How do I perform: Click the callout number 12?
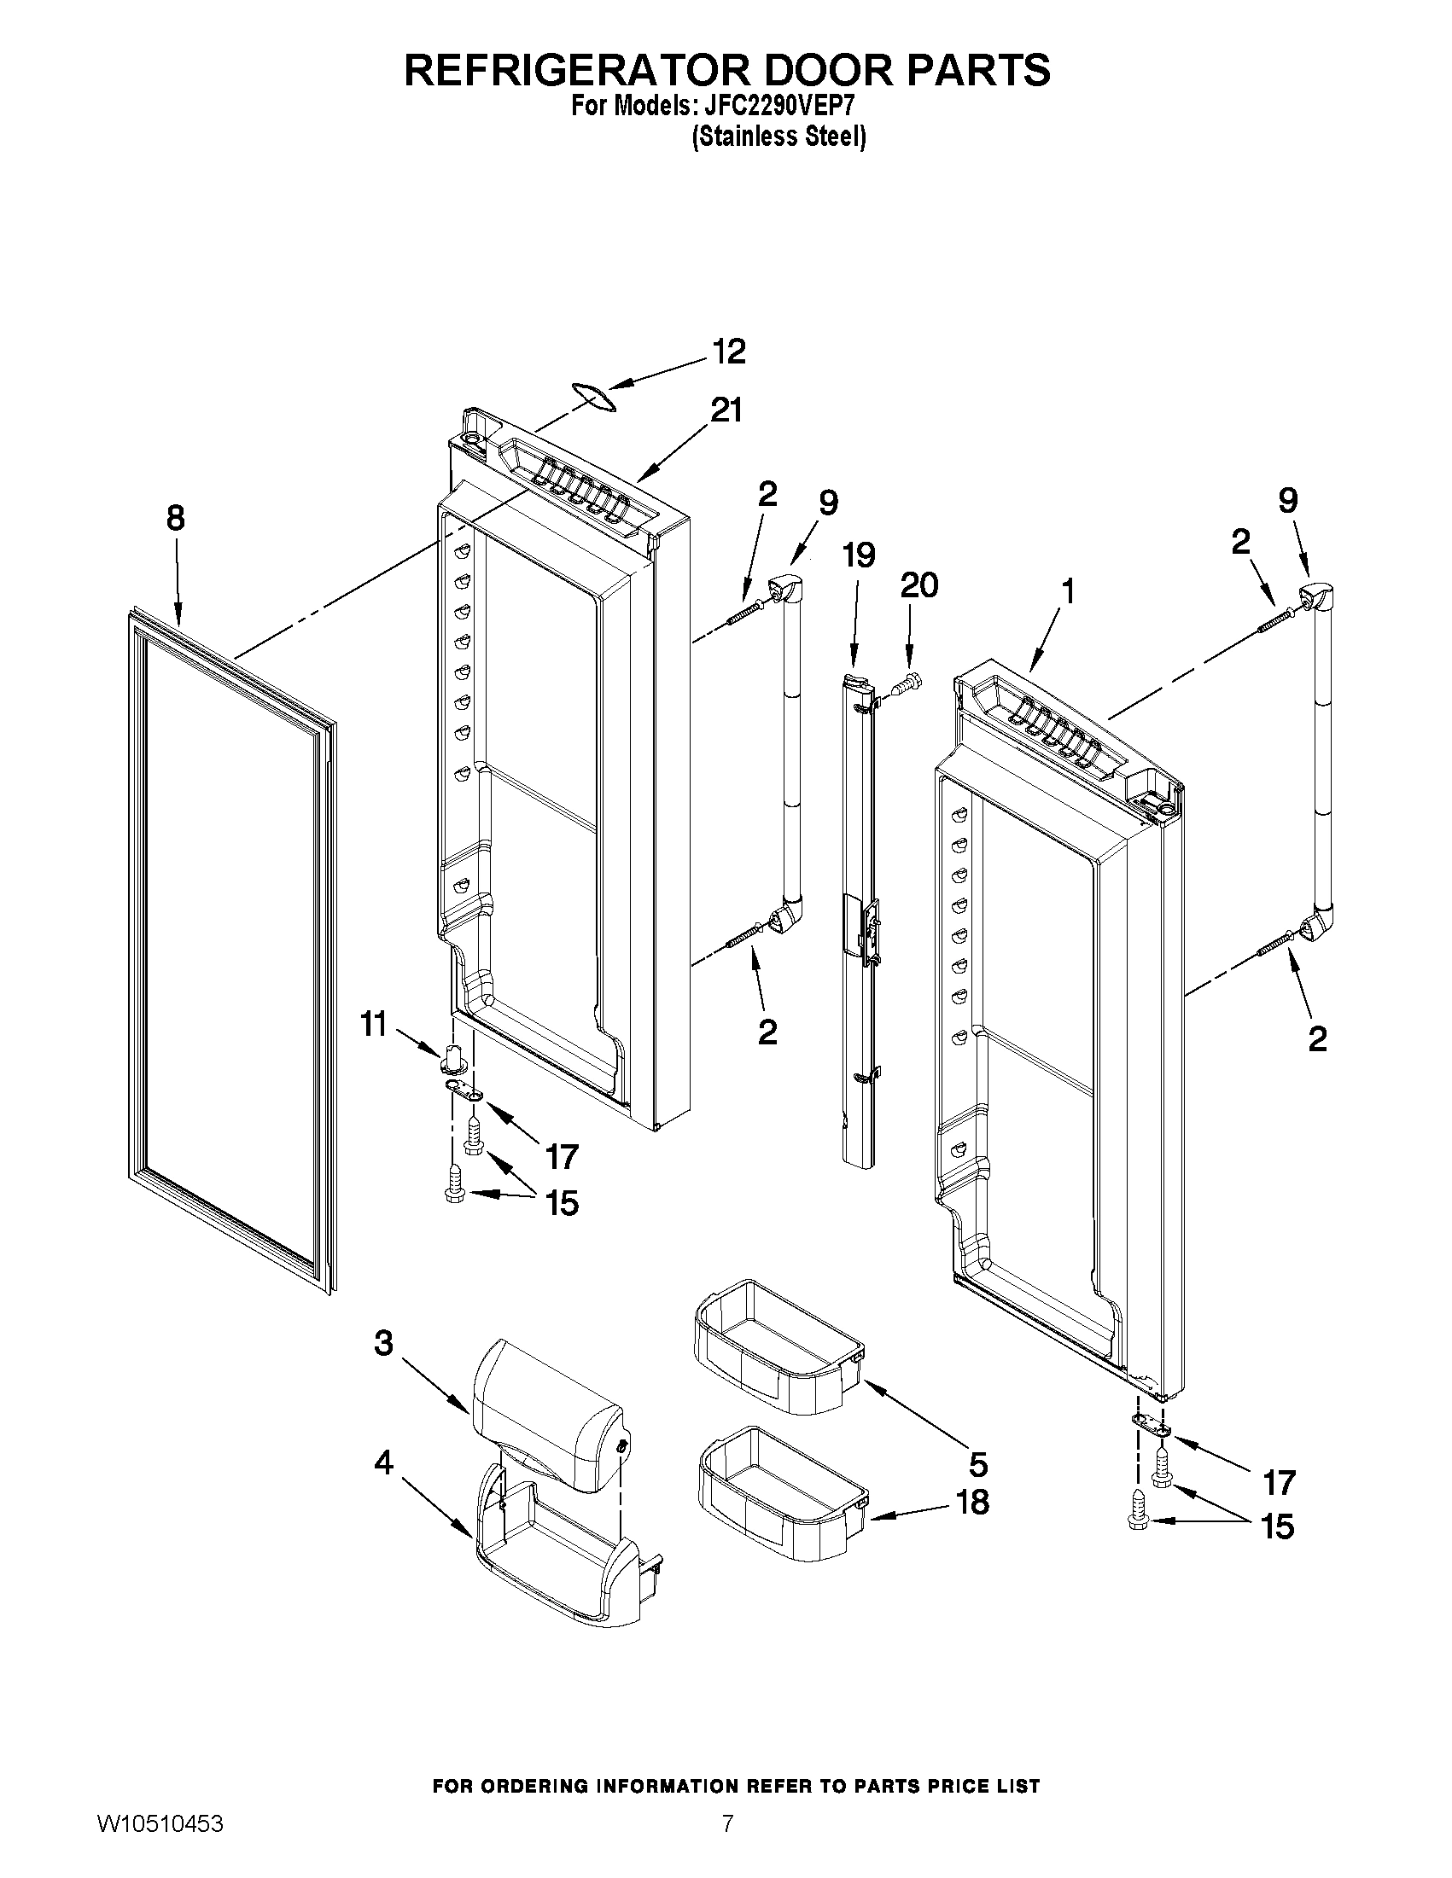click(x=730, y=352)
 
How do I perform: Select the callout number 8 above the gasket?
click(x=175, y=519)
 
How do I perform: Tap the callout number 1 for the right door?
click(x=1068, y=591)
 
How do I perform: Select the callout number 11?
click(x=372, y=1025)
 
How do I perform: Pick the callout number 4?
click(x=382, y=1462)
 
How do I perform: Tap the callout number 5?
click(x=978, y=1462)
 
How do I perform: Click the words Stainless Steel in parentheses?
click(x=778, y=137)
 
